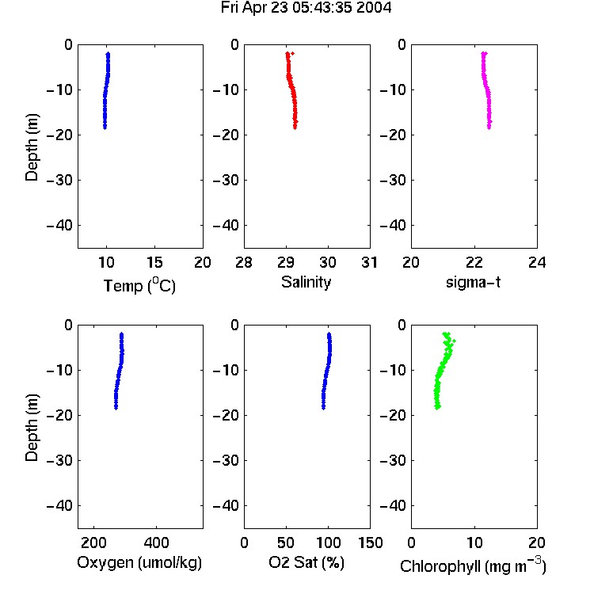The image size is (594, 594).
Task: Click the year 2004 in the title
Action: (374, 8)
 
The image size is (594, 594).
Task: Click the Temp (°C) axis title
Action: (139, 285)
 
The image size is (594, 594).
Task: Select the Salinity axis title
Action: (306, 282)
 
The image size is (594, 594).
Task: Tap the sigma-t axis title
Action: (473, 282)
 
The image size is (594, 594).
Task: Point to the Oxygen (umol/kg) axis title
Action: (139, 563)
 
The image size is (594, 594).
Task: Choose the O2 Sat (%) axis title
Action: (307, 562)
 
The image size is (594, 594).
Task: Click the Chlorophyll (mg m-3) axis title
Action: (473, 565)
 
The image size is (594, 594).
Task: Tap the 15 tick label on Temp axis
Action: (154, 262)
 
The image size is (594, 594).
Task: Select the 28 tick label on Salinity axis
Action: (244, 262)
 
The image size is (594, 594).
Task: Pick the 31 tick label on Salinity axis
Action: (370, 262)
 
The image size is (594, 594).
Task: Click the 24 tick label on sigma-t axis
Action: (537, 262)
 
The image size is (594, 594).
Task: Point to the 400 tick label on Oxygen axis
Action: (156, 543)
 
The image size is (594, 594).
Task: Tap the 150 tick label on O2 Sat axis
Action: (371, 543)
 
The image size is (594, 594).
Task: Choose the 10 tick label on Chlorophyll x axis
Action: (474, 543)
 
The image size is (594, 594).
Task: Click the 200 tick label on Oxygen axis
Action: (93, 543)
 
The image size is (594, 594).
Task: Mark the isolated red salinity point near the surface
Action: (292, 53)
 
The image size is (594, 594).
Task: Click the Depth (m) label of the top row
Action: (32, 147)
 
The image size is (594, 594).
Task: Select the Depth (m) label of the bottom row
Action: (32, 428)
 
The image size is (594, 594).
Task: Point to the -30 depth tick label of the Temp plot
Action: (59, 180)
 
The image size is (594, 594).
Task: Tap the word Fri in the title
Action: (230, 8)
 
